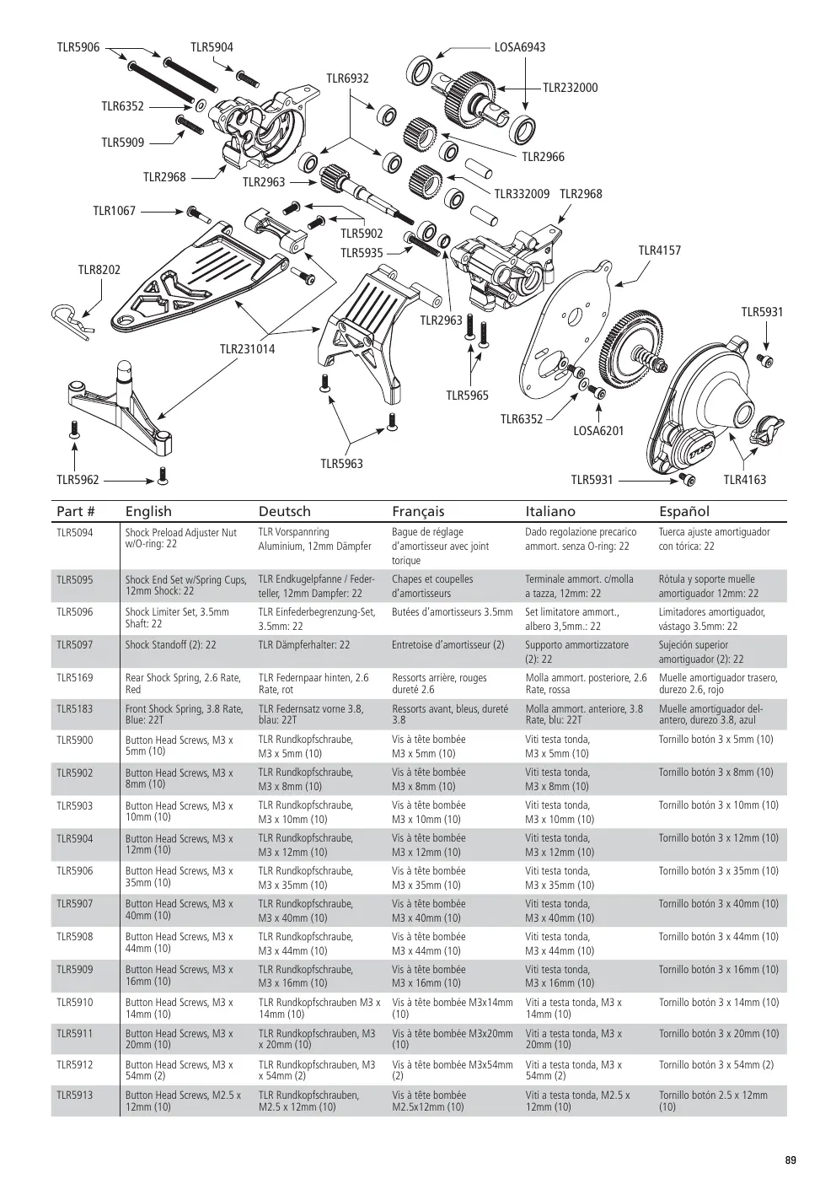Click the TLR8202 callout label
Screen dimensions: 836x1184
pos(99,270)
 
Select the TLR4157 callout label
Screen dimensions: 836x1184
pos(660,250)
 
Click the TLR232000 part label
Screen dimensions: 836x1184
pos(571,88)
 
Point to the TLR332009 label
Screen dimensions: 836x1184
pos(522,194)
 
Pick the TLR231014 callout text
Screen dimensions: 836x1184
pos(247,349)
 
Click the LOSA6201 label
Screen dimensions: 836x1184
pos(598,431)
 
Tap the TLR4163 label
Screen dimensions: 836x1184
pos(744,480)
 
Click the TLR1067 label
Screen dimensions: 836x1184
pos(114,211)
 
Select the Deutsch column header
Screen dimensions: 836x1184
pos(284,511)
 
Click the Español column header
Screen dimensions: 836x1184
pos(684,511)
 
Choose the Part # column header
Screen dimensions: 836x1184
pos(76,511)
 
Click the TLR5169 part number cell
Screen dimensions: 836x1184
pos(74,678)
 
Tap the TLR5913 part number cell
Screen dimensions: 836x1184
pos(74,1095)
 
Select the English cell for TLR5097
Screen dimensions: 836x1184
pos(170,645)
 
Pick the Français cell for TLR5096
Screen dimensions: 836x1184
pos(452,612)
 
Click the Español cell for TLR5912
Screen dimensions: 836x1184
pos(716,1064)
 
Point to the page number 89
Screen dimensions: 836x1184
pos(790,1160)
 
